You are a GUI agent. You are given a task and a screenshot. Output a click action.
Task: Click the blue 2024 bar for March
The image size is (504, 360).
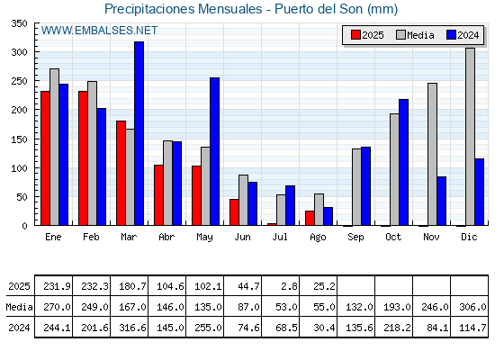139,133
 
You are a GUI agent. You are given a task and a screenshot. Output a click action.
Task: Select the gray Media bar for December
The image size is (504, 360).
470,137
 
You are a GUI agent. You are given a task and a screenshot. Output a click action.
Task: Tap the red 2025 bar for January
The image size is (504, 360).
45,158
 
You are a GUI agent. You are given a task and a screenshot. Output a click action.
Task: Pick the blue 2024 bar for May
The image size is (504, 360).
215,151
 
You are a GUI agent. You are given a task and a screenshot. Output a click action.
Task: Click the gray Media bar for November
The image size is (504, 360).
432,154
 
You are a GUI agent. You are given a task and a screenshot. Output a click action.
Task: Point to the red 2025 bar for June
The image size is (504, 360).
234,212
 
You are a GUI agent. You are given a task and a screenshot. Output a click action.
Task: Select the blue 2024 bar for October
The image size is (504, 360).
404,162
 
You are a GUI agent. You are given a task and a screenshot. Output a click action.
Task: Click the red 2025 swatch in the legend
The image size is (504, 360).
355,35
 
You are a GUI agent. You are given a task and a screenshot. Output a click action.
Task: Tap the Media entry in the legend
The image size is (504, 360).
415,35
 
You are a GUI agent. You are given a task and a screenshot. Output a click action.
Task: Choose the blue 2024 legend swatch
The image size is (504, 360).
451,35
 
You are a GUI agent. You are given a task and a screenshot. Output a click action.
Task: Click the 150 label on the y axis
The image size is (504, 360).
18,139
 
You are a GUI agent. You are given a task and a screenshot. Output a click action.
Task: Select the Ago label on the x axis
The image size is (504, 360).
318,238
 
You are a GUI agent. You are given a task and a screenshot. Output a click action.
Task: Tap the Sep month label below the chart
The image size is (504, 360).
355,237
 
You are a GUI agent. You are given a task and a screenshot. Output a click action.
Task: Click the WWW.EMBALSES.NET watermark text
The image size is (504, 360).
99,31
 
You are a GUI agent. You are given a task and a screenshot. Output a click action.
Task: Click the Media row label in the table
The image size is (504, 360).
19,307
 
